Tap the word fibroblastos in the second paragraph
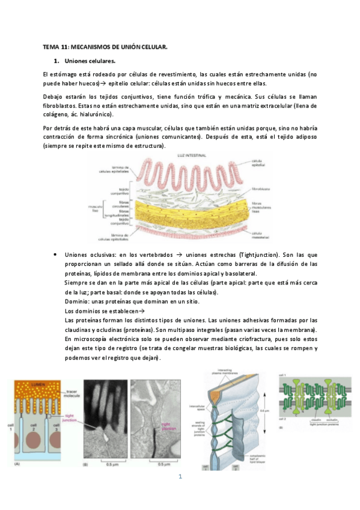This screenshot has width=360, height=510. [58, 105]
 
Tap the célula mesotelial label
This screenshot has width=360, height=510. [260, 235]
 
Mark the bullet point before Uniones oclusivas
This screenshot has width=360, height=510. [55, 255]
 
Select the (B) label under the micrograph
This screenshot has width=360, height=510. [84, 464]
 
